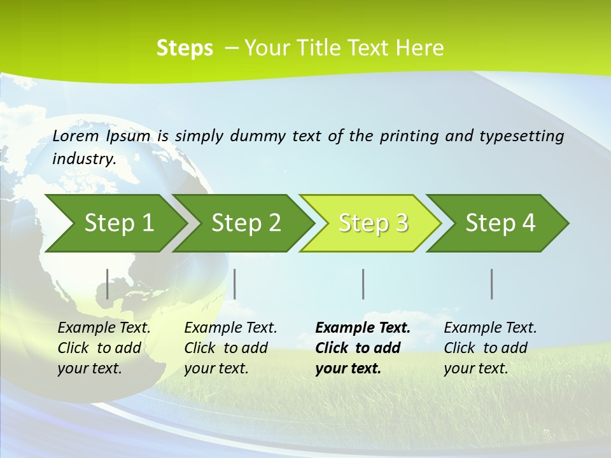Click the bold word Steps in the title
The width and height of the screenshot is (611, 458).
coord(185,48)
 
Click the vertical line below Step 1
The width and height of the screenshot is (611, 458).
coord(108,284)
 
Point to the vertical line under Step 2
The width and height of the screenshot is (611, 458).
coord(235,284)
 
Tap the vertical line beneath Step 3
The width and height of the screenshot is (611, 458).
coord(363,284)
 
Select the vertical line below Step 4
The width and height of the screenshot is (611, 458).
coord(492,284)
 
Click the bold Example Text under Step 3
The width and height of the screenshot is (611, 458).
coord(363,348)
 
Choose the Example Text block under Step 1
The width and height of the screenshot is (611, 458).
coord(104,348)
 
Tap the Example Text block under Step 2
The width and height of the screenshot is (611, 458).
coord(230,348)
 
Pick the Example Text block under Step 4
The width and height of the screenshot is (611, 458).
coord(490,348)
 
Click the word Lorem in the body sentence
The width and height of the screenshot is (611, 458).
coord(76,135)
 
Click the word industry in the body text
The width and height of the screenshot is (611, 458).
coord(84,159)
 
